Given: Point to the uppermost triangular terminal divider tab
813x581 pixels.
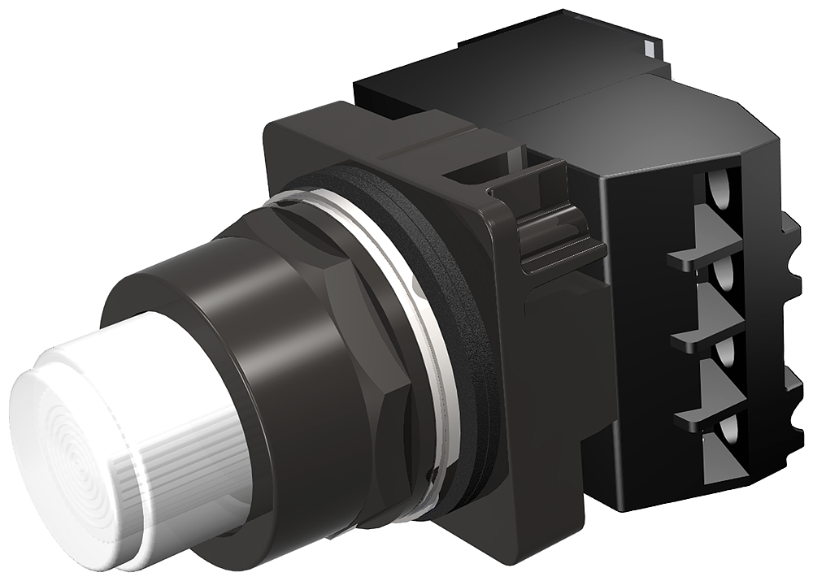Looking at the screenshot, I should [707, 236].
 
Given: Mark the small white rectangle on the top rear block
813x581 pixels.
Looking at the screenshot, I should [648, 47].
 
